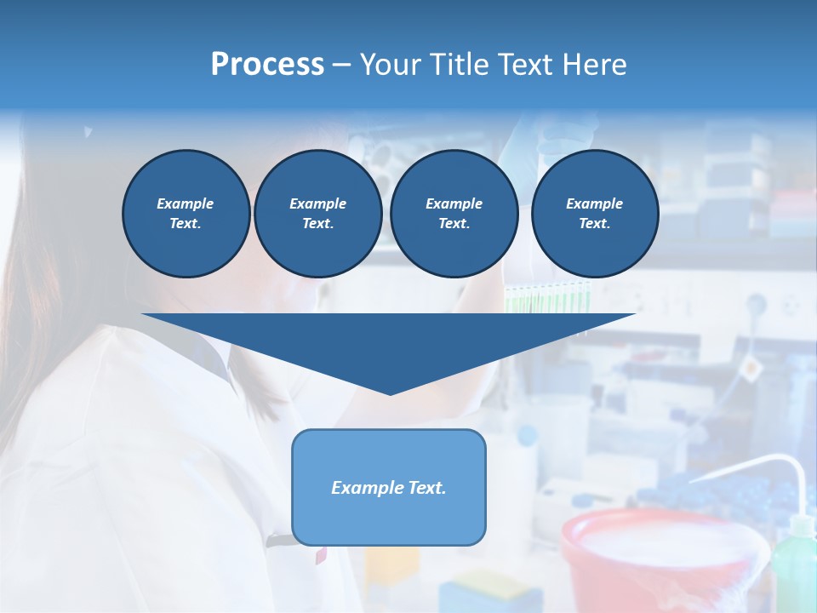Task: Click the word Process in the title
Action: [267, 64]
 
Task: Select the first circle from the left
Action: [186, 214]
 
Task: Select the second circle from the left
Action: [317, 214]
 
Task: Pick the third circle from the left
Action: [454, 214]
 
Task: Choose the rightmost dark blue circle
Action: [594, 214]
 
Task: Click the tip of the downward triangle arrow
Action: [390, 391]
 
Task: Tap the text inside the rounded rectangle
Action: [388, 488]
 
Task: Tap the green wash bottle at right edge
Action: [796, 562]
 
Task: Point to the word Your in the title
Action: [391, 64]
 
